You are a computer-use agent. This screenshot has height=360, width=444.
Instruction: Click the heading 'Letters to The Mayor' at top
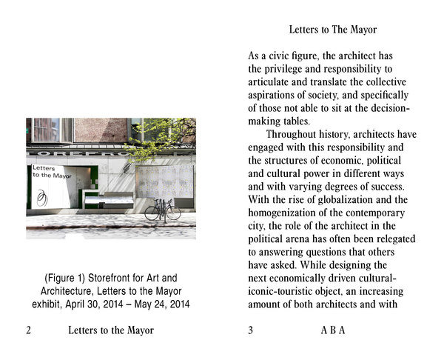pos(332,30)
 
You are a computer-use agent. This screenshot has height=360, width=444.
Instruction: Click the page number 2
pos(29,330)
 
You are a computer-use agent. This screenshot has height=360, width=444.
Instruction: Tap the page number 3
pos(251,330)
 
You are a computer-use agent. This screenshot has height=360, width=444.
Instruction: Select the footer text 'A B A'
pos(332,330)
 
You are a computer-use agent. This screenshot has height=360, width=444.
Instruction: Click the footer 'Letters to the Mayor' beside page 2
pos(111,330)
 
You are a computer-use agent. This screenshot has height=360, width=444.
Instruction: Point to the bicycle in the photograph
pos(162,210)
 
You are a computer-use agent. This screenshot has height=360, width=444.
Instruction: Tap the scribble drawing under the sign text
pos(44,197)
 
